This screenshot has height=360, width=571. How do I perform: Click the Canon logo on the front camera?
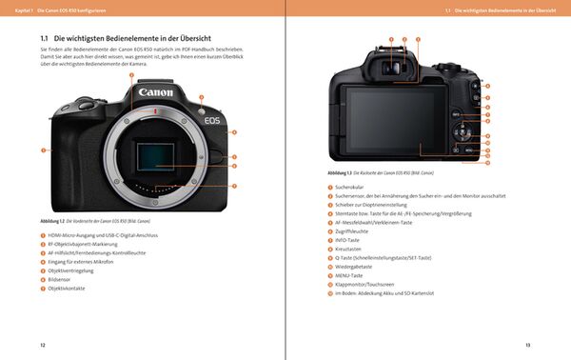[x=156, y=92]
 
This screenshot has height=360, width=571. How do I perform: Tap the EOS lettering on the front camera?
[x=212, y=121]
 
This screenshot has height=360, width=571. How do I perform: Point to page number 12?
[x=42, y=344]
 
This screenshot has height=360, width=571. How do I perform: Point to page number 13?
[x=528, y=344]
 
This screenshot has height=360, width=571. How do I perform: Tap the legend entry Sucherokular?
[x=354, y=188]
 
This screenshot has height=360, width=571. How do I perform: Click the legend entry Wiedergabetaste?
[x=356, y=267]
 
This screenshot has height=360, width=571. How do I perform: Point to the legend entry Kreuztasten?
[x=352, y=249]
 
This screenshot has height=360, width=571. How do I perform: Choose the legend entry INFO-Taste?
[x=351, y=240]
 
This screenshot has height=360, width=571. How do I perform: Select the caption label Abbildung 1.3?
[x=342, y=172]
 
